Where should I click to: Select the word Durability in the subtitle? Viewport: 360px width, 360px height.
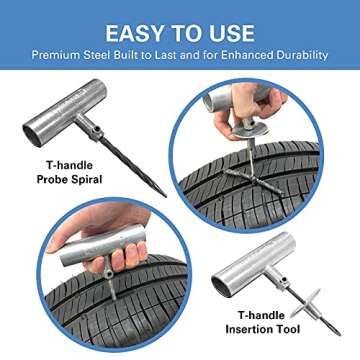tap(301, 54)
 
